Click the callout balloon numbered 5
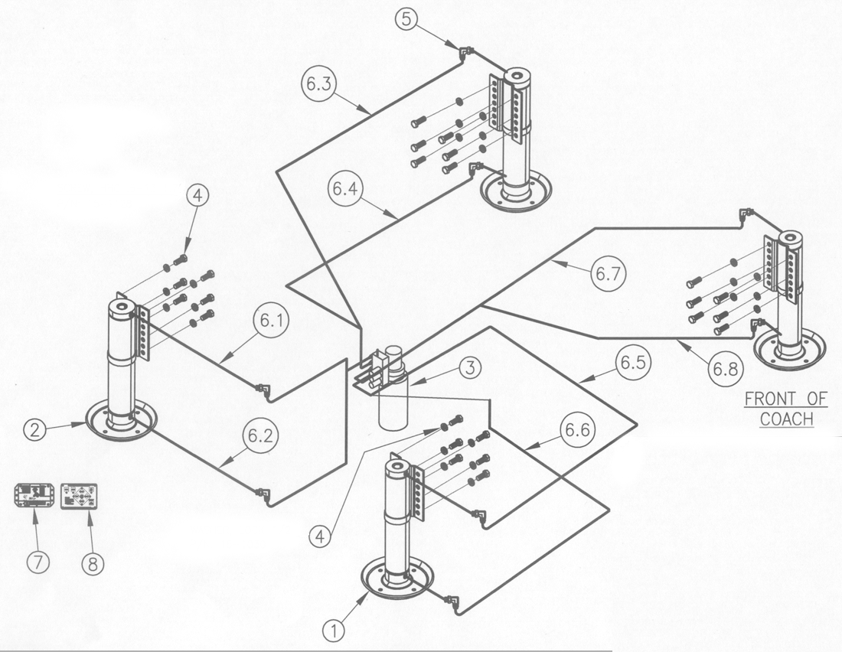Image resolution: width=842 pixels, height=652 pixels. pos(406,19)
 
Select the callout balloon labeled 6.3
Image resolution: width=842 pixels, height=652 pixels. pos(319,83)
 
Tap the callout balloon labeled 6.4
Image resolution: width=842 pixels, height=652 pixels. pos(344,188)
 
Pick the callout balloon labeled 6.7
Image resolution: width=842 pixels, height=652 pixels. pos(609,274)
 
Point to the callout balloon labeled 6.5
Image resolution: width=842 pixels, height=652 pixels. pos(633,363)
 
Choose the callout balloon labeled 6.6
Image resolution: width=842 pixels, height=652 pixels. pos(578,429)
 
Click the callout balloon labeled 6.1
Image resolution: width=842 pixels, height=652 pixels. pos(272,321)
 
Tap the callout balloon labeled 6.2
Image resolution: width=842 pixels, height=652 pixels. pos(260,435)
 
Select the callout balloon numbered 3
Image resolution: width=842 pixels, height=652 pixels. pos(471,368)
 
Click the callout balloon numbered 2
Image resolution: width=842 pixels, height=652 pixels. pos(35,429)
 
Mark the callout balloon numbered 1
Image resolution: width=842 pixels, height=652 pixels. pos(334,630)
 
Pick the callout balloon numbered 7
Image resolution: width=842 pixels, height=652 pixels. pos(38,562)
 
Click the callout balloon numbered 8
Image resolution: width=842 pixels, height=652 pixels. pos(93,564)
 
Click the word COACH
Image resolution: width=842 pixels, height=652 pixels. pos(787,419)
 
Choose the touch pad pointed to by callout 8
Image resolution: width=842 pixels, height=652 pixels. pos(80,496)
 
